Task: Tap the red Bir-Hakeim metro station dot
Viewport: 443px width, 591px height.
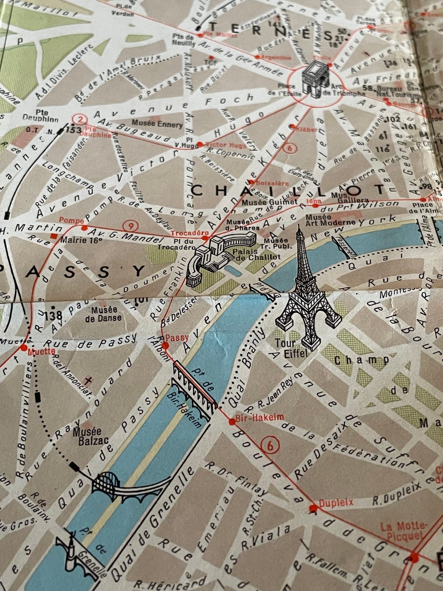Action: pos(232,420)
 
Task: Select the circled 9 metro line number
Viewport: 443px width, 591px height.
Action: pos(132,226)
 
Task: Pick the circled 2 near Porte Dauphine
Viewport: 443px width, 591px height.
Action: pos(80,119)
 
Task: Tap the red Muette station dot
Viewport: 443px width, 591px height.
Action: pos(24,347)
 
